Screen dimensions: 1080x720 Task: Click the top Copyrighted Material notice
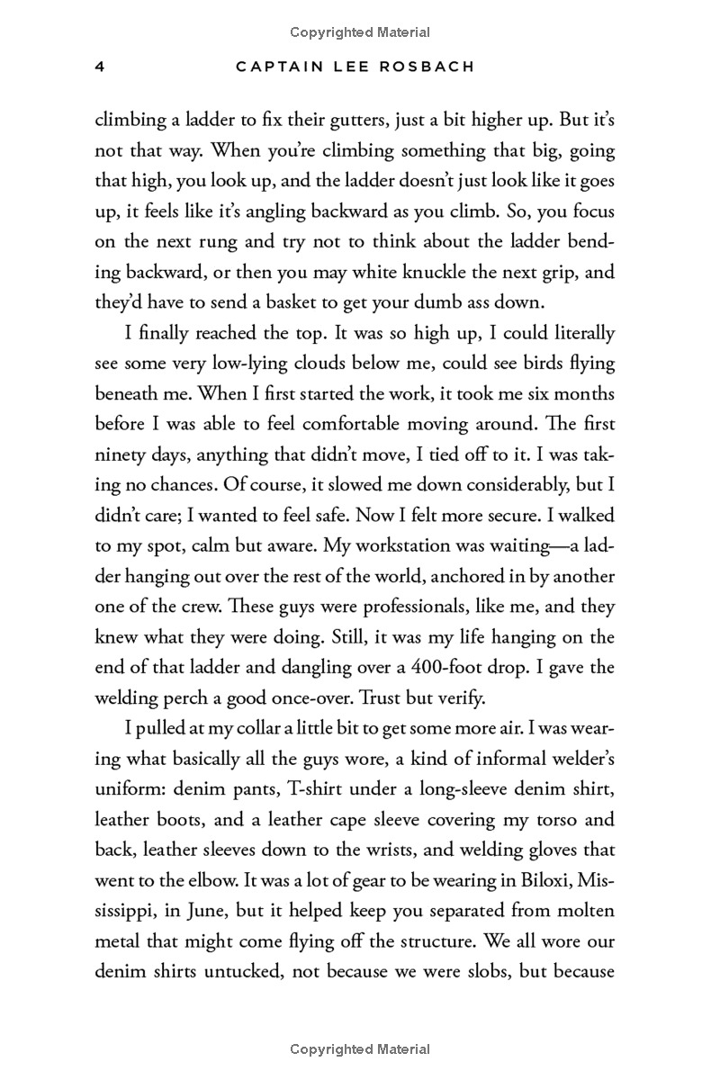click(x=360, y=32)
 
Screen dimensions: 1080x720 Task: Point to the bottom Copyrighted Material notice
click(x=360, y=1049)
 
